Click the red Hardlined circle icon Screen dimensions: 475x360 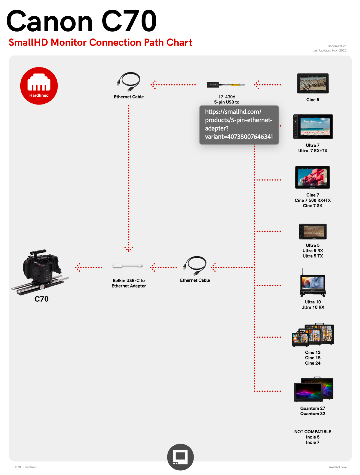pos(39,86)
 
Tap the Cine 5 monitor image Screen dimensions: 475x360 pos(313,83)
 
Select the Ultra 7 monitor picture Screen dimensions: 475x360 pos(313,126)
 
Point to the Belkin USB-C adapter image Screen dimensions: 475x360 pos(128,266)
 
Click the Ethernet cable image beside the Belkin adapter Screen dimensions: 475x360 pos(195,266)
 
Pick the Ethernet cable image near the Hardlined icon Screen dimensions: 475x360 pos(129,82)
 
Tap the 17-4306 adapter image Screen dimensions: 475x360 pos(226,85)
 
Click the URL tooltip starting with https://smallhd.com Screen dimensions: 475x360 pos(239,124)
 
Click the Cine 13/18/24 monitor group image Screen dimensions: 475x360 pos(313,335)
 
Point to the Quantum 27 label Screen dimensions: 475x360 pos(313,408)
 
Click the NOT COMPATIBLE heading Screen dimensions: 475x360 pos(313,432)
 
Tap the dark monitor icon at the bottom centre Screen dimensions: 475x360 pos(180,457)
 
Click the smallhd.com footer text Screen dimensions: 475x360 pos(337,467)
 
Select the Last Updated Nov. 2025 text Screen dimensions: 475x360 pos(329,51)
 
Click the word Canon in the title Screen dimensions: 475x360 pos(50,22)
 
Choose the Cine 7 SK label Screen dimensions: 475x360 pos(313,206)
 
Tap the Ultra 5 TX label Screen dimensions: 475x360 pos(313,256)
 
